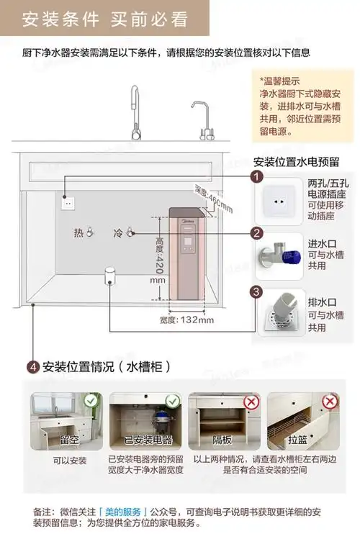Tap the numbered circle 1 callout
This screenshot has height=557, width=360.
pos(256,177)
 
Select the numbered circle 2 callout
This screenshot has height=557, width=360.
pos(256,233)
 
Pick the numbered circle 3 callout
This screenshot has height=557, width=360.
pos(256,291)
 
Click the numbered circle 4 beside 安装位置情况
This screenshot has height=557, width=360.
pos(32,367)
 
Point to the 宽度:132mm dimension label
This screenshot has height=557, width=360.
pos(183,320)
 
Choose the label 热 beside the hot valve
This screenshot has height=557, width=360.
pos(78,233)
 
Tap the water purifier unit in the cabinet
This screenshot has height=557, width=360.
pos(185,252)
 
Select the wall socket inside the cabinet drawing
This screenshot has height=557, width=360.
pos(69,202)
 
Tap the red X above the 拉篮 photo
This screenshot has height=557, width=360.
pos(329,401)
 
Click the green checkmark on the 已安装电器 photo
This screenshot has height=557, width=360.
pos(172,401)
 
